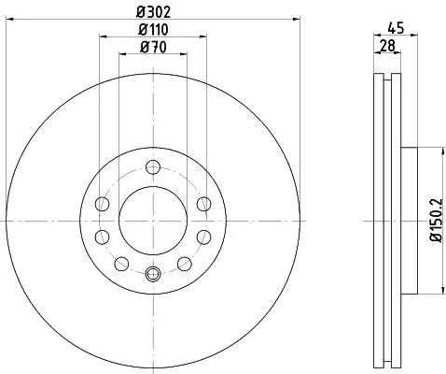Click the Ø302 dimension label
click(154, 12)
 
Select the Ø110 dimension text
click(153, 30)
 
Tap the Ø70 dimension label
click(153, 48)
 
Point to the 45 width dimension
click(396, 28)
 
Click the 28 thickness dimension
click(387, 46)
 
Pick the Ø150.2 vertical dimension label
click(436, 220)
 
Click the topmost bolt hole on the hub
click(153, 167)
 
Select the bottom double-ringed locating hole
click(153, 274)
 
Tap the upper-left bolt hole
click(102, 204)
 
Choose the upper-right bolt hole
click(204, 204)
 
